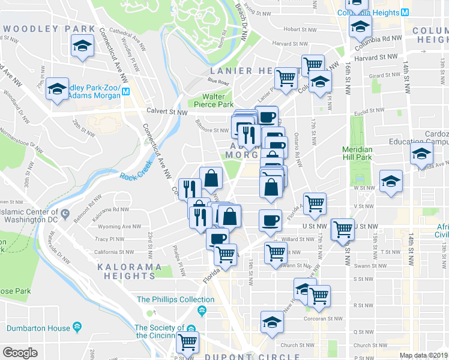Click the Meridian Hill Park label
click(x=357, y=153)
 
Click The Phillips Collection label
click(x=167, y=299)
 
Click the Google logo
click(x=20, y=353)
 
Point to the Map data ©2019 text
click(x=423, y=355)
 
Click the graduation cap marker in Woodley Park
click(x=82, y=46)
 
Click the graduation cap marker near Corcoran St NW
click(x=272, y=323)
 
